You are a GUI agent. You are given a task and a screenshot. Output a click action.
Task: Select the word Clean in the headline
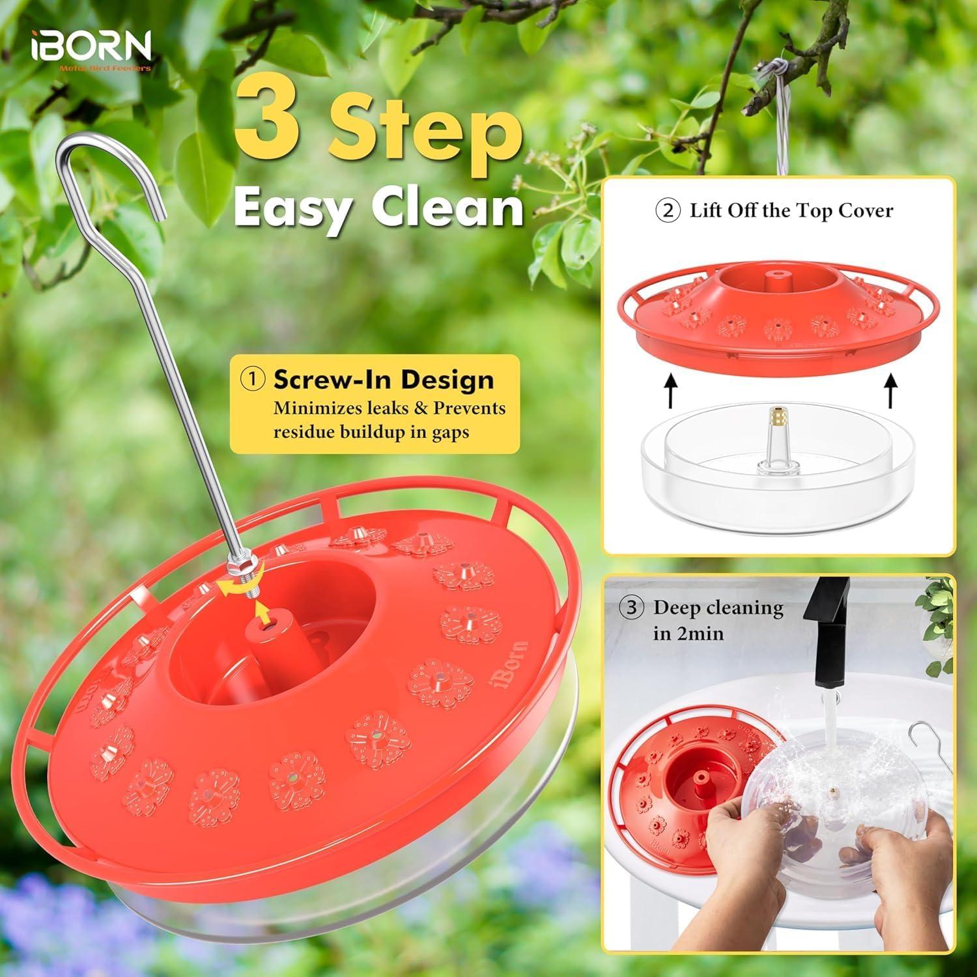click(447, 207)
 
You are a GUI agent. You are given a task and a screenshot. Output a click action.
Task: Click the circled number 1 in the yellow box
click(253, 379)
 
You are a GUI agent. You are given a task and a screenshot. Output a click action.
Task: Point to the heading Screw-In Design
click(383, 379)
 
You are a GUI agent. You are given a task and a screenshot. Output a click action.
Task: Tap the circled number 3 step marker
click(630, 608)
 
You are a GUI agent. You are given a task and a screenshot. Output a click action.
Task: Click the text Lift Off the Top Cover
click(791, 210)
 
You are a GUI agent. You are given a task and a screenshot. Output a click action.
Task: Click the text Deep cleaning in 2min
click(716, 619)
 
